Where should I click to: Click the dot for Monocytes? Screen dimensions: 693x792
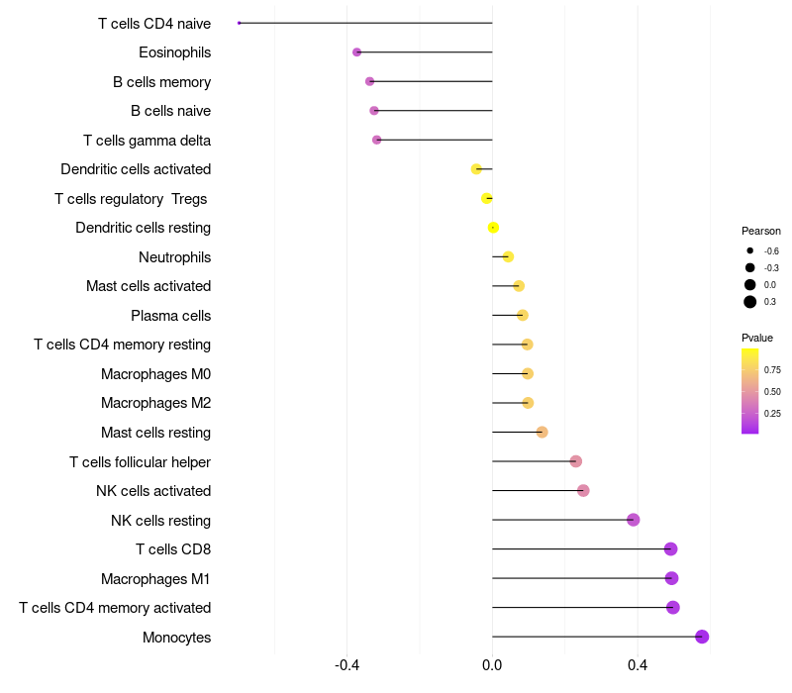pos(702,637)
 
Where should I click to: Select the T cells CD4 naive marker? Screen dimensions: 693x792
pos(240,23)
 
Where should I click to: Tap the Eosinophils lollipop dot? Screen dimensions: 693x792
pos(357,52)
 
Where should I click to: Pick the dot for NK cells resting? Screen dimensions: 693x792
pos(634,520)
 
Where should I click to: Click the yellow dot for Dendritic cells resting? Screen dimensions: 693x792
pos(493,228)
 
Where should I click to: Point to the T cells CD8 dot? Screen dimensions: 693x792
pos(670,549)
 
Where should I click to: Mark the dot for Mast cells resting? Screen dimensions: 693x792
pos(542,433)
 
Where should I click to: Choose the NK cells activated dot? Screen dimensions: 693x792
pos(583,491)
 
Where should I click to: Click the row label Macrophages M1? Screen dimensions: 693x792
pos(155,578)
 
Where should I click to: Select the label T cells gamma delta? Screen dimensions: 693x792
pos(147,141)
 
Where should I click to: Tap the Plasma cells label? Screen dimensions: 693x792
pos(170,316)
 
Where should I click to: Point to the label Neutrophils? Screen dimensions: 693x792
pos(174,257)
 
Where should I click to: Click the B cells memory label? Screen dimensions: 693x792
pos(161,82)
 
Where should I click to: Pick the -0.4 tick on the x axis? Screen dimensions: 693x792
pos(346,664)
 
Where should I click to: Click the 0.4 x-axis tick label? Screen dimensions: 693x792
pos(638,664)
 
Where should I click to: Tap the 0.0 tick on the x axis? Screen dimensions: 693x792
pos(492,664)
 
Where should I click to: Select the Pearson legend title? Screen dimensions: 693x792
pos(760,231)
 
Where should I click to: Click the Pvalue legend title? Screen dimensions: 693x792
pos(757,338)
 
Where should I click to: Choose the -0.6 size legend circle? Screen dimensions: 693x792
pos(750,250)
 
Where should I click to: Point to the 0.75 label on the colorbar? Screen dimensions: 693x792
pos(772,370)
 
